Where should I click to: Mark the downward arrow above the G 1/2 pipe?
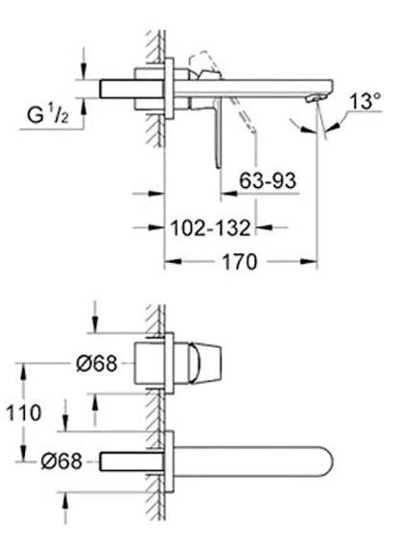click(x=85, y=70)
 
